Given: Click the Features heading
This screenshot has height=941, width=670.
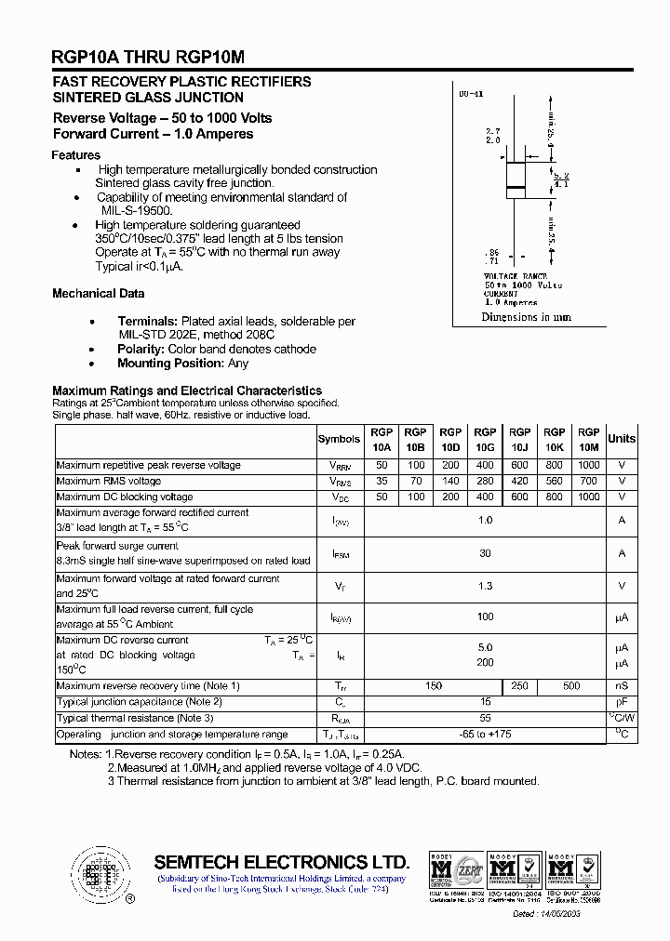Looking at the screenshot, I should click(x=76, y=155).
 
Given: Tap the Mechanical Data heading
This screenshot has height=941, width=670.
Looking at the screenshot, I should click(x=98, y=294).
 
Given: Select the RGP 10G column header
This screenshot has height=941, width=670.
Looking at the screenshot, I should click(x=485, y=439).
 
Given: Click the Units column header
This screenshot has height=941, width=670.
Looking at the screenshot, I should click(x=622, y=439).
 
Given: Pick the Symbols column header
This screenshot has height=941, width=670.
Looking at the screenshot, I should click(x=339, y=439).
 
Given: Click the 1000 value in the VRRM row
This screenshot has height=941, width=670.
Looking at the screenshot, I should click(x=588, y=464).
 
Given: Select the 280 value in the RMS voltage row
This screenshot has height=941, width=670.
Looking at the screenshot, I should click(x=485, y=481).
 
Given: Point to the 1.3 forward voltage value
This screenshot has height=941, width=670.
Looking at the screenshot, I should click(x=485, y=586).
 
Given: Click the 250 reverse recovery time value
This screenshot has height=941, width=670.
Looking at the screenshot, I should click(x=519, y=686).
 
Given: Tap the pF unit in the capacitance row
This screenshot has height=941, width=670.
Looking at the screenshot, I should click(x=622, y=702).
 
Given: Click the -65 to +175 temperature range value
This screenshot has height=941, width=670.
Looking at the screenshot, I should click(x=485, y=735).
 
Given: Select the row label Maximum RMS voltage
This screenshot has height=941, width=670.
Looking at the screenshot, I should click(x=109, y=481).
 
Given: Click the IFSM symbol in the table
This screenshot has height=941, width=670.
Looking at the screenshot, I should click(x=340, y=553).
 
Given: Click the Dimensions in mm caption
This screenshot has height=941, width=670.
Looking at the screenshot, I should click(x=526, y=317).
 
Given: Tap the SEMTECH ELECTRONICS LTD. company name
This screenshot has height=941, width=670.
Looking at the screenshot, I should click(x=281, y=861).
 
